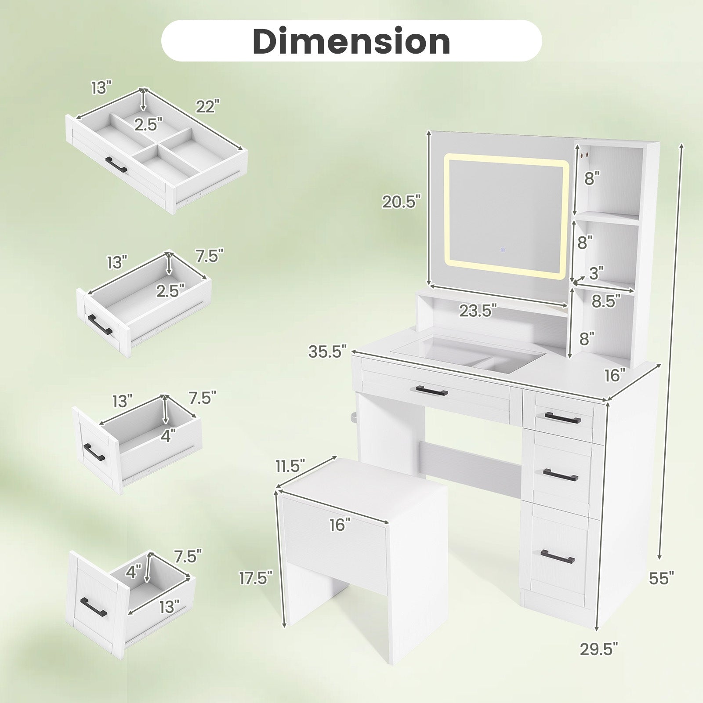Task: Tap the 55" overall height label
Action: click(661, 577)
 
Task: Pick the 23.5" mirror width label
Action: click(478, 311)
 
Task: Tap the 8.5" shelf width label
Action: click(606, 301)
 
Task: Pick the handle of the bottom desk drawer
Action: click(558, 556)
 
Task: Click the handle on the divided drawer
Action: click(116, 164)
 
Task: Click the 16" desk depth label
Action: click(615, 375)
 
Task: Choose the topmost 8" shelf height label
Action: click(592, 178)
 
